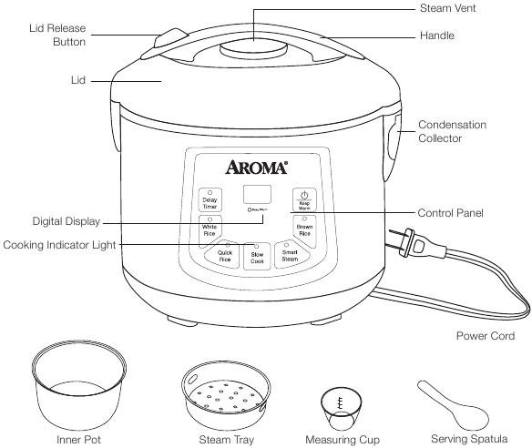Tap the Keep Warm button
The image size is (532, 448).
point(304,201)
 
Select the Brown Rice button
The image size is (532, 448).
point(304,229)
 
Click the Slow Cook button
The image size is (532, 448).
point(257,258)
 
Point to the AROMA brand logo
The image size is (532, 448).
point(257,168)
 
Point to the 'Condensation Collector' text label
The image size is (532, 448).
point(452,131)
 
